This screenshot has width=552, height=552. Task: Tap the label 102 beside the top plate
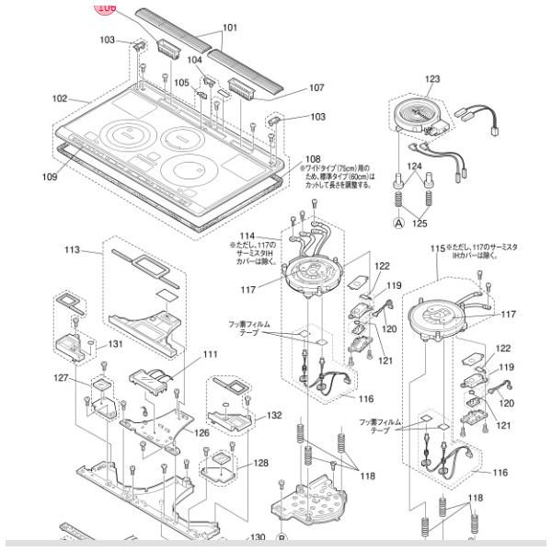61,98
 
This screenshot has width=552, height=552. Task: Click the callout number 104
194,60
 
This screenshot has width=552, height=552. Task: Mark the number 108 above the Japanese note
313,158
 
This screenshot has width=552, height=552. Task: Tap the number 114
247,236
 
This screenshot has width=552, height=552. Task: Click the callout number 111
211,353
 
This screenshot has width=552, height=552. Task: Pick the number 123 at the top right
432,79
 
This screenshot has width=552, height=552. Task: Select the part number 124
414,167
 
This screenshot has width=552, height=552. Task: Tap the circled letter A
398,223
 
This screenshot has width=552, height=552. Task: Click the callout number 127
62,377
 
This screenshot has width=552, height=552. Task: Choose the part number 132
274,416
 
